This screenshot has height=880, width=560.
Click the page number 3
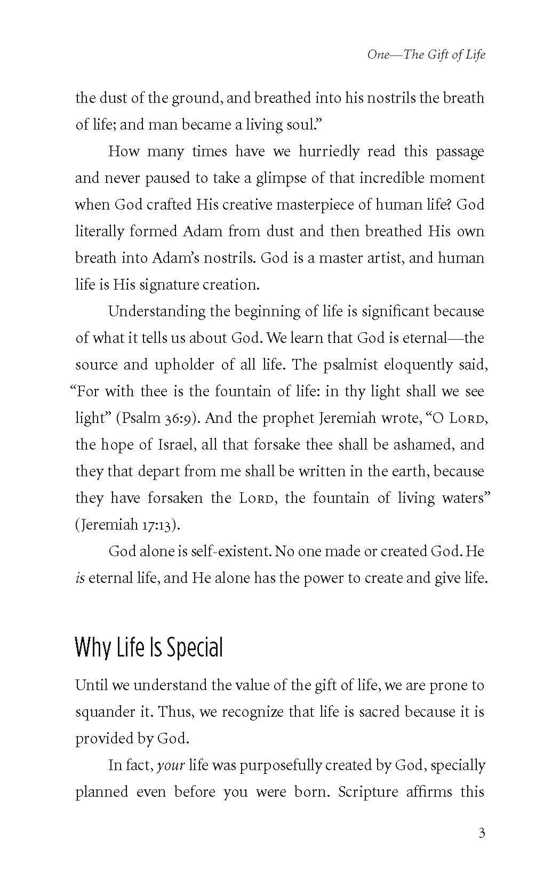tap(482, 833)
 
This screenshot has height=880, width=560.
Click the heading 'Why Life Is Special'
tap(149, 647)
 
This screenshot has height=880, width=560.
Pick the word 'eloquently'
tap(419, 365)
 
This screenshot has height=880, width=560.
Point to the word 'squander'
tap(106, 712)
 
